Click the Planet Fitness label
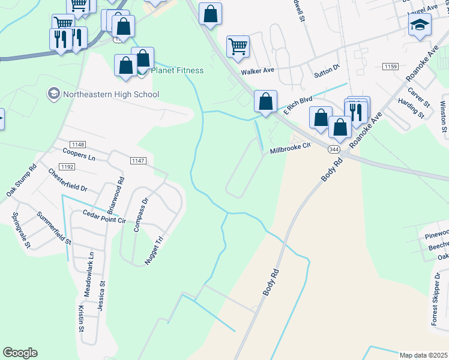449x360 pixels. [x=177, y=70]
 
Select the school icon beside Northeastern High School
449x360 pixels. [x=53, y=93]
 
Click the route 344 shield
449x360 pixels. [x=334, y=149]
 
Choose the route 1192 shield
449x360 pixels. [x=67, y=166]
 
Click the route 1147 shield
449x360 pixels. [x=139, y=160]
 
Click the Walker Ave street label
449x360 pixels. [x=258, y=71]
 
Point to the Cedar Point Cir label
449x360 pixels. [x=104, y=217]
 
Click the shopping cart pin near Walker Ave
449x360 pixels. [x=238, y=46]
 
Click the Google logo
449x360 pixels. [x=20, y=353]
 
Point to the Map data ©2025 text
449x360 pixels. [x=423, y=355]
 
